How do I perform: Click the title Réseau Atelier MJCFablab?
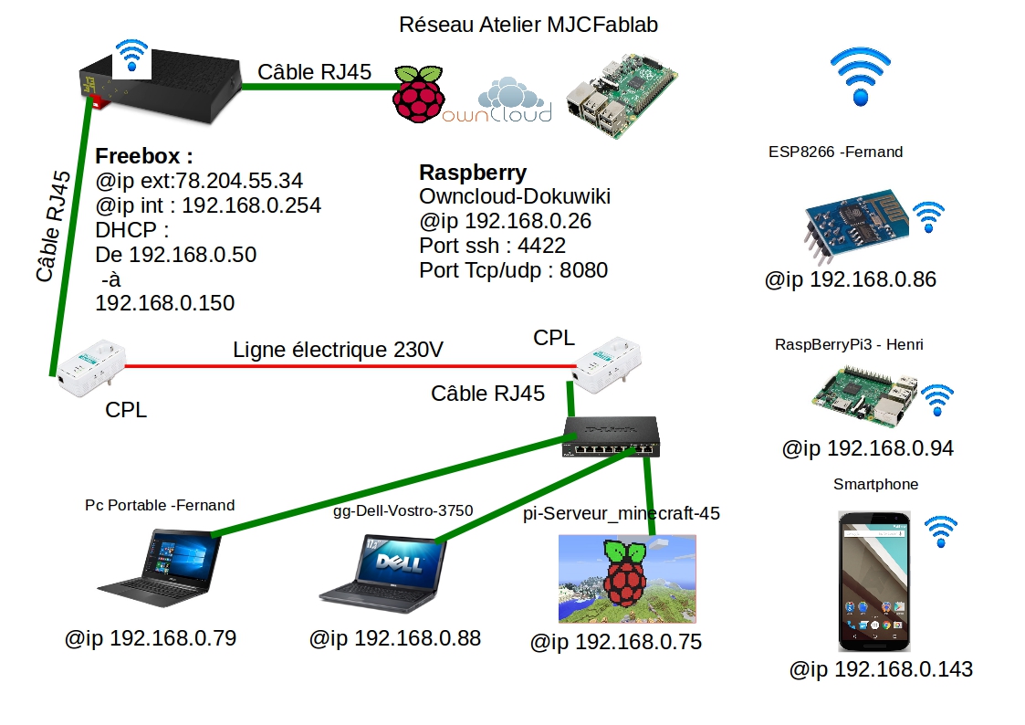click(x=528, y=25)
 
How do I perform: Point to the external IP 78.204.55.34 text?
click(x=199, y=181)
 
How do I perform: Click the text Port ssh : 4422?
click(x=492, y=246)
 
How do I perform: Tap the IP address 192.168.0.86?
click(x=851, y=279)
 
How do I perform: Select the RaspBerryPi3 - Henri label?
click(x=849, y=344)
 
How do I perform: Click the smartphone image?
click(x=875, y=581)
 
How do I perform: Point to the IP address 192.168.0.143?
click(x=881, y=669)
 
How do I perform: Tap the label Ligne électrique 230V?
click(x=339, y=349)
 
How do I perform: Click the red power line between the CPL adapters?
click(x=347, y=366)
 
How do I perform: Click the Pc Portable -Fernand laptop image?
click(x=159, y=567)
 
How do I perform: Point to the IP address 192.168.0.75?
click(x=616, y=642)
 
